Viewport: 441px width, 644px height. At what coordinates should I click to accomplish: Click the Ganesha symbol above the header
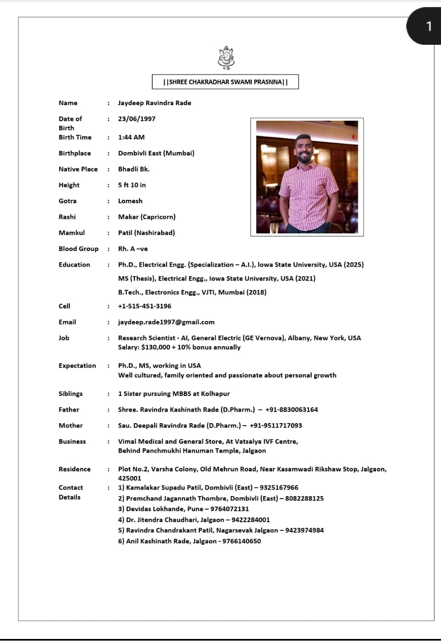(x=226, y=57)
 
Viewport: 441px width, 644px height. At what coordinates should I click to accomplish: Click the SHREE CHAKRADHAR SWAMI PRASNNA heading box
(x=225, y=82)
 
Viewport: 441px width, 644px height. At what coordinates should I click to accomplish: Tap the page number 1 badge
(x=428, y=26)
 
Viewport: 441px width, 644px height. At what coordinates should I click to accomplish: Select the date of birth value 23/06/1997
(x=136, y=119)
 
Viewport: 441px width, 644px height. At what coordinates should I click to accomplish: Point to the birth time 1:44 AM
(x=131, y=137)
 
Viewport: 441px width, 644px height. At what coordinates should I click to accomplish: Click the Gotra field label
(x=67, y=201)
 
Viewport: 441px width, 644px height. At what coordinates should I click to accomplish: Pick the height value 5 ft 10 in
(x=132, y=185)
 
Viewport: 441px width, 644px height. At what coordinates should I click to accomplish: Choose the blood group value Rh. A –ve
(x=133, y=249)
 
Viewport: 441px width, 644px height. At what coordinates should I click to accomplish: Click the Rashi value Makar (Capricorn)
(x=146, y=217)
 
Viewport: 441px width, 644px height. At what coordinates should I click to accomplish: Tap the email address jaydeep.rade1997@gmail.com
(x=166, y=322)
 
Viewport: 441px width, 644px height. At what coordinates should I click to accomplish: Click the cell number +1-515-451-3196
(x=144, y=306)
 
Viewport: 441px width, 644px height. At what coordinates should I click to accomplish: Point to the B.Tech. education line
(x=192, y=292)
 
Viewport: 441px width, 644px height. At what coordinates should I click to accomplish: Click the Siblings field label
(x=70, y=394)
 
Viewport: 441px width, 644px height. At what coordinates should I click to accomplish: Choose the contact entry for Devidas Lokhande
(x=183, y=509)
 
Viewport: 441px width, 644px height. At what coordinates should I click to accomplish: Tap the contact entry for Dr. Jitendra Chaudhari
(x=194, y=520)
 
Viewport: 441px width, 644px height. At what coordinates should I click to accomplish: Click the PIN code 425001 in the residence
(x=129, y=478)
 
